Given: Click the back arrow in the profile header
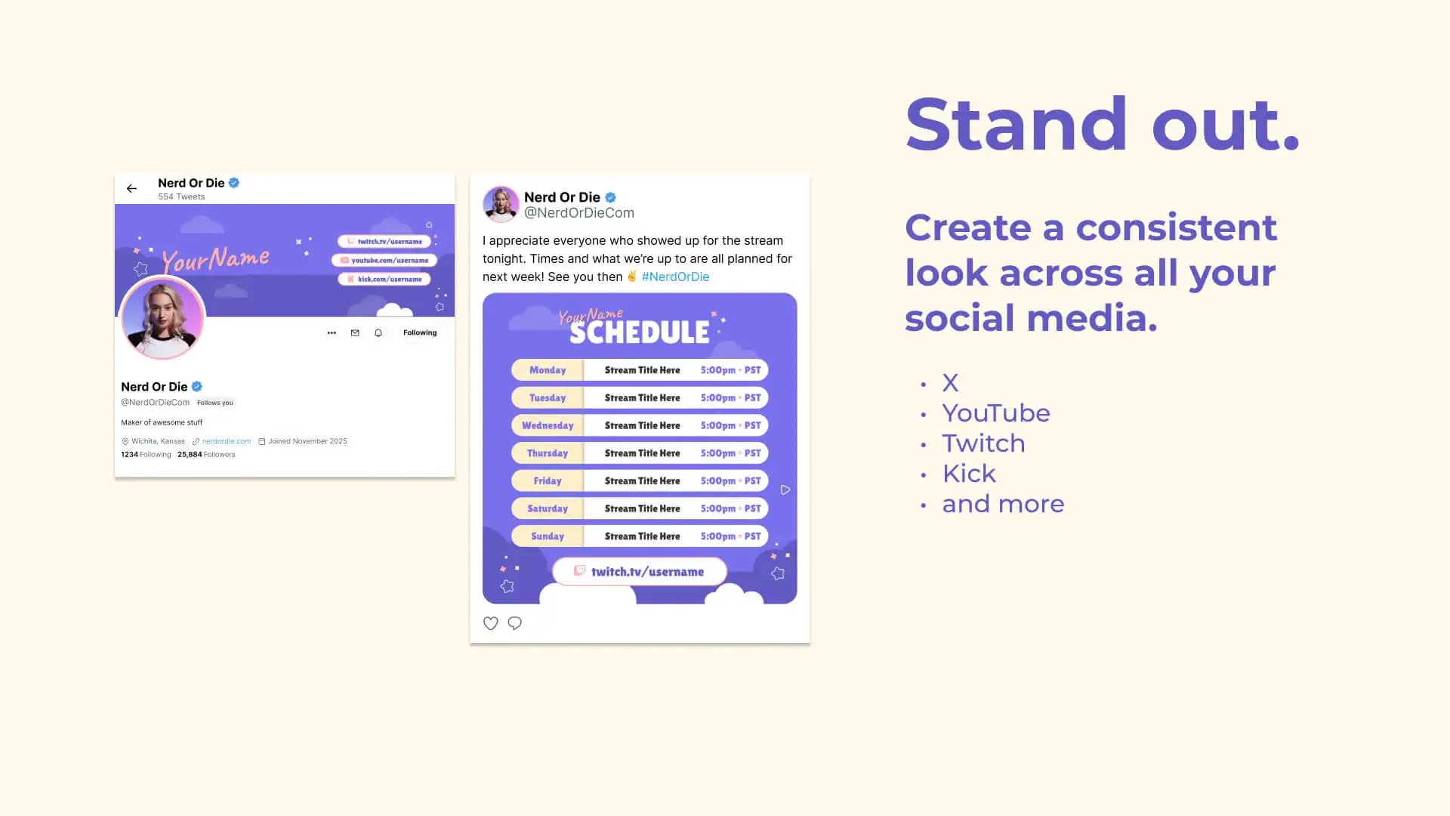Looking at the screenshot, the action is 131,189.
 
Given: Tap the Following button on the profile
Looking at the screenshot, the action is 420,332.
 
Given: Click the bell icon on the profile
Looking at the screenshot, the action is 378,332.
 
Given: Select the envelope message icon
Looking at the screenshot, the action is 355,332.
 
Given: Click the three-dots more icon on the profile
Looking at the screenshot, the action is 332,332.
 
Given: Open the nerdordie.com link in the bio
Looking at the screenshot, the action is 226,441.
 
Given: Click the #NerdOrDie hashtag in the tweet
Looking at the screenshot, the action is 675,277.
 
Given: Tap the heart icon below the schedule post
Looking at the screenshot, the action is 491,623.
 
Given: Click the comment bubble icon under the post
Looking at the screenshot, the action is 515,623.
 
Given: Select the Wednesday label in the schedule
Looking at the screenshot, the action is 548,425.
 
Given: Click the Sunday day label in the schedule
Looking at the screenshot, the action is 548,536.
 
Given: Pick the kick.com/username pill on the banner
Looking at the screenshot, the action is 384,279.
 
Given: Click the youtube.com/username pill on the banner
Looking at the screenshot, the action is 384,260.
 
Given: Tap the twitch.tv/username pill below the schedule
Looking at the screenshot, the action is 640,572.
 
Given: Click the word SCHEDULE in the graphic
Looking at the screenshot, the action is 640,332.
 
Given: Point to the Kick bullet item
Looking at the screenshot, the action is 969,474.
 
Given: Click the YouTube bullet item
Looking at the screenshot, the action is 996,413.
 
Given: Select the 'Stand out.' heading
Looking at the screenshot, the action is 1103,125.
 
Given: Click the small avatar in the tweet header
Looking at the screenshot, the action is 501,204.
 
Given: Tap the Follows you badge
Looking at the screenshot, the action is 215,403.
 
